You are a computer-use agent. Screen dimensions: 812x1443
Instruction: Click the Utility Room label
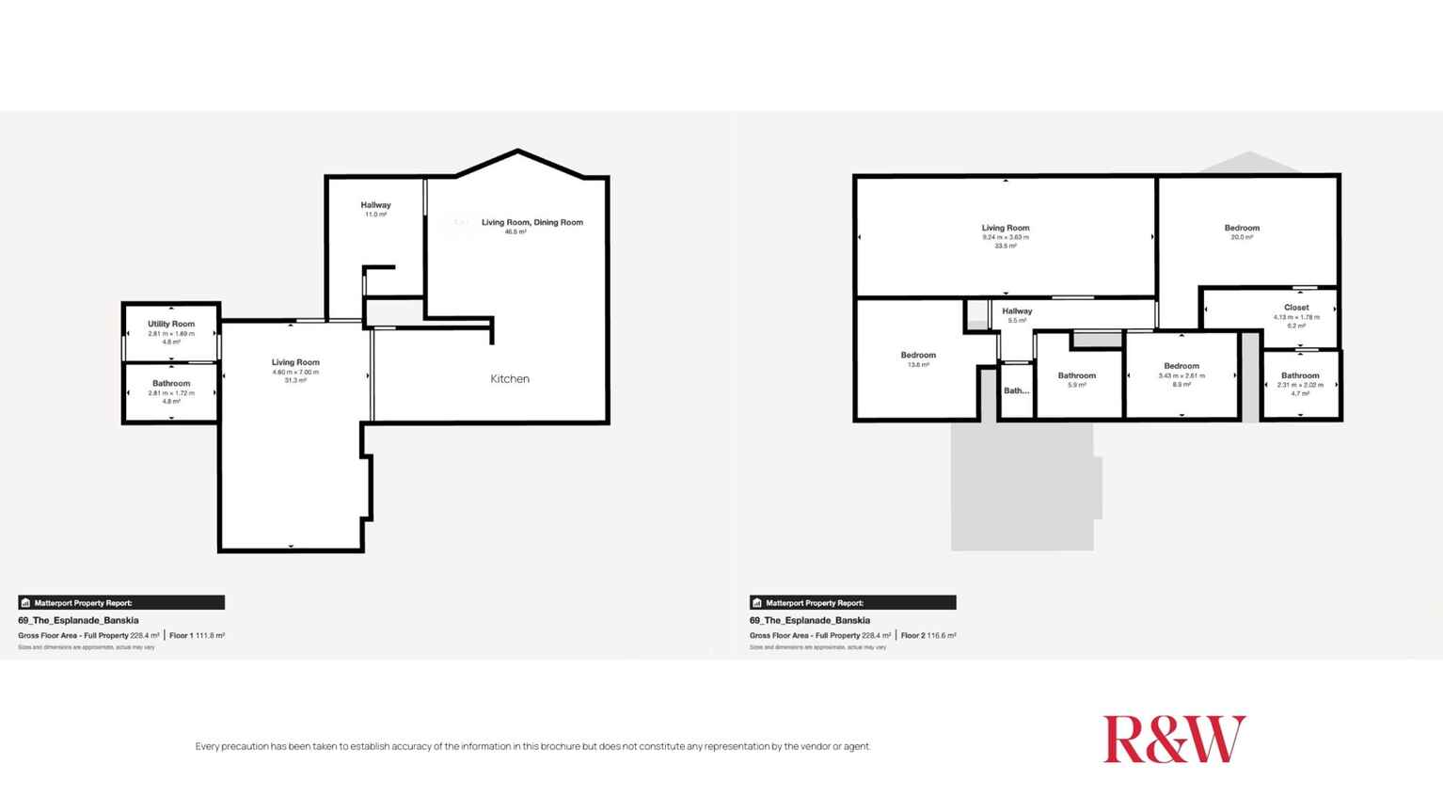click(x=171, y=324)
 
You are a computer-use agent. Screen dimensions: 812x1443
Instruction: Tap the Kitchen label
click(x=510, y=379)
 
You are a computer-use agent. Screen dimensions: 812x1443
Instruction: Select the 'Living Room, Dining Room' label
click(x=532, y=222)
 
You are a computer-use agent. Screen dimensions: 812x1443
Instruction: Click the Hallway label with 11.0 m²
click(x=375, y=205)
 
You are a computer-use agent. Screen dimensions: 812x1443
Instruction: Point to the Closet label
click(x=1296, y=308)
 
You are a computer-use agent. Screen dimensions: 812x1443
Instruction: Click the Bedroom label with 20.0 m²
click(x=1242, y=228)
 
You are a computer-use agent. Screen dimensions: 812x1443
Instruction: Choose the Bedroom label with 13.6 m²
click(x=918, y=356)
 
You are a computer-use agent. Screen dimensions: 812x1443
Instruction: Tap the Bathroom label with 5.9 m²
click(x=1077, y=375)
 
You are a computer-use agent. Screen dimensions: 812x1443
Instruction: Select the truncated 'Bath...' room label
click(x=1016, y=390)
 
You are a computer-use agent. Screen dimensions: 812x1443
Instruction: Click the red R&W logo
click(x=1174, y=739)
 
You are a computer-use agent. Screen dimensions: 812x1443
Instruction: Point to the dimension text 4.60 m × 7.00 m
click(x=295, y=372)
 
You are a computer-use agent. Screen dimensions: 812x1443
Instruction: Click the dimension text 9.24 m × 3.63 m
click(x=1006, y=237)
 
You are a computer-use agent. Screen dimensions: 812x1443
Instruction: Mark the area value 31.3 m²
click(x=295, y=380)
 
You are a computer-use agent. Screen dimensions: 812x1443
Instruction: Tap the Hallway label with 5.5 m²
click(x=1017, y=311)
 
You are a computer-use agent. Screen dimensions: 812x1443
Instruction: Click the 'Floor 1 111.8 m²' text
click(x=197, y=636)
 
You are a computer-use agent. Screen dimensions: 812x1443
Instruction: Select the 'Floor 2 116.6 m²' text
click(x=928, y=636)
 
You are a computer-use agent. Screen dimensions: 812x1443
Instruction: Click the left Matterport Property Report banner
click(x=121, y=603)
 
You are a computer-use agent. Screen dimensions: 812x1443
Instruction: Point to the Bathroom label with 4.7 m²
click(x=1300, y=375)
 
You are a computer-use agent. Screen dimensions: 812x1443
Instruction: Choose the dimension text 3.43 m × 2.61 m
click(x=1181, y=375)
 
